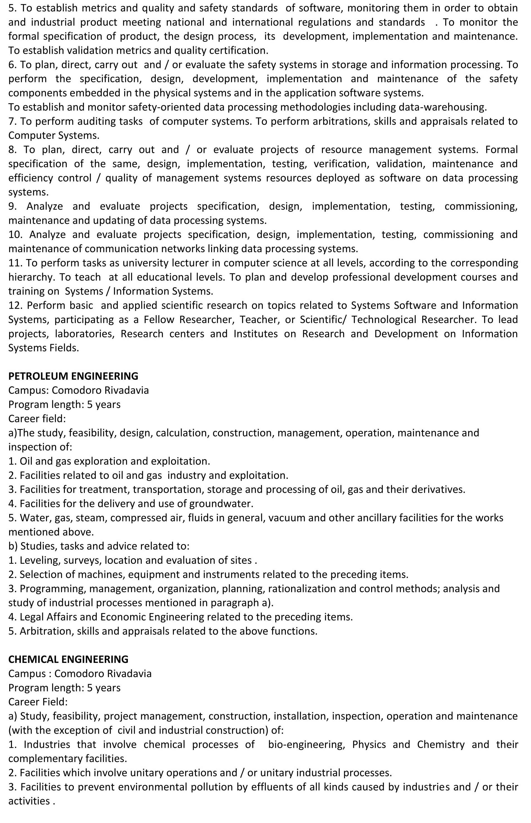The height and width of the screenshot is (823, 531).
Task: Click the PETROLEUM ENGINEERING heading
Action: (73, 376)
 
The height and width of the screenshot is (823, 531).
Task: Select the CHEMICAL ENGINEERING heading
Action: (68, 659)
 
